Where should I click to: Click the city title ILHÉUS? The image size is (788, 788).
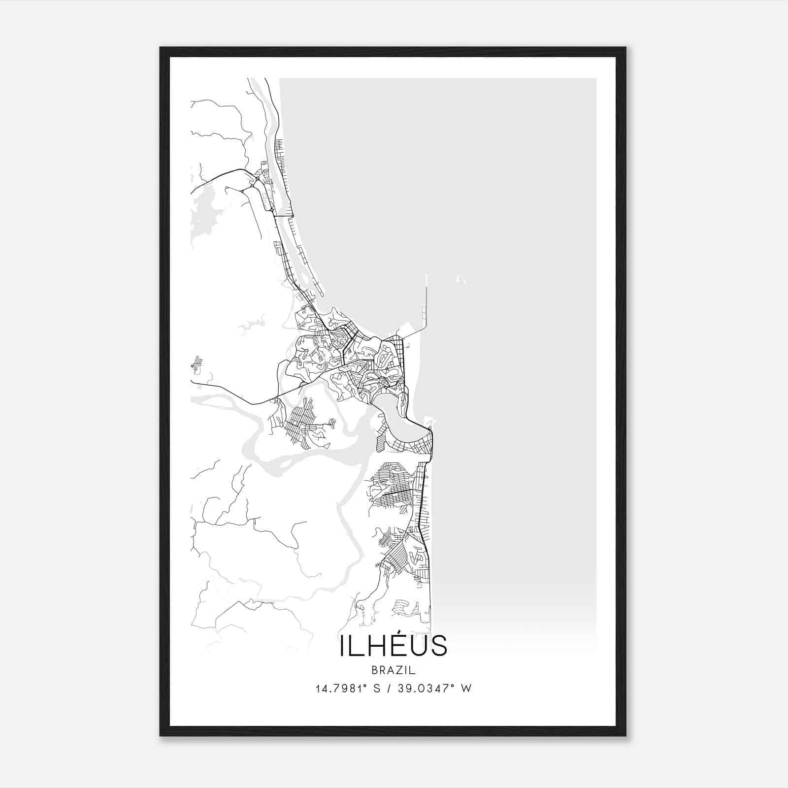[x=393, y=646]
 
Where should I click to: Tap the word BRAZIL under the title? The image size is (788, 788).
[x=394, y=670]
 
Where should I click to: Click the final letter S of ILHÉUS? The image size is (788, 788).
[x=439, y=646]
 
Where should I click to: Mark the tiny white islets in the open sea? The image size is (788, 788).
[x=461, y=280]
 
